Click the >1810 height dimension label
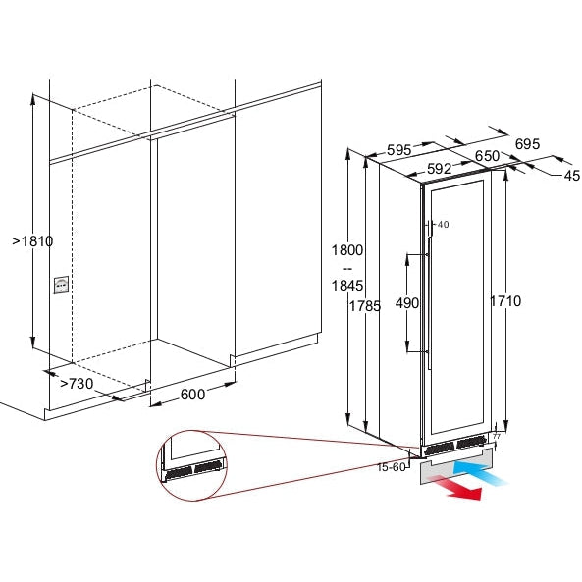coord(32,241)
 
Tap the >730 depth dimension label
coord(77,384)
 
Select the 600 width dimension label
coord(192,395)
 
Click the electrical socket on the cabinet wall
coord(61,285)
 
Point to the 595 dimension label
coord(399,150)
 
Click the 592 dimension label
coord(439,169)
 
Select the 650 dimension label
coord(488,156)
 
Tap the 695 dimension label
coord(527,143)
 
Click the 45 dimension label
coord(572,176)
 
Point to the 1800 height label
coord(347,250)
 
